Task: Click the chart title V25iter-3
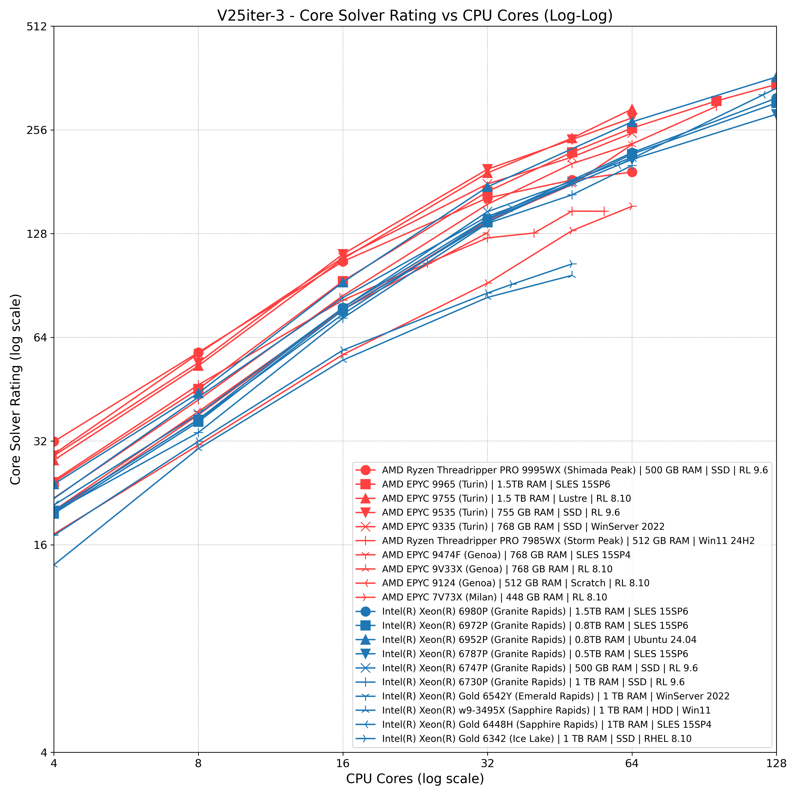(x=415, y=16)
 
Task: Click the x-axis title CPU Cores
(x=415, y=778)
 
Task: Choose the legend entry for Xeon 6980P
(x=535, y=611)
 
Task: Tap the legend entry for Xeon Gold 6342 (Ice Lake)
(x=536, y=738)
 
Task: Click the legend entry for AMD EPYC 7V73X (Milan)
(x=494, y=597)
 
